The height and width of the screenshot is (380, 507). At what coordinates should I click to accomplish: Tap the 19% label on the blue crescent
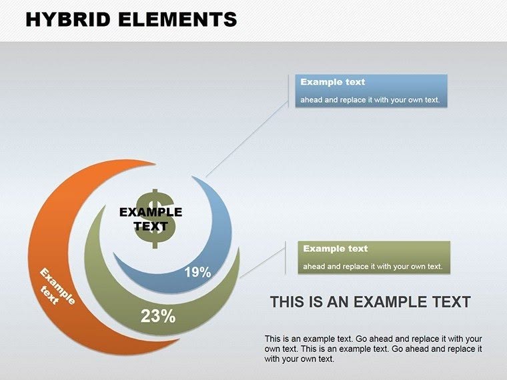(198, 272)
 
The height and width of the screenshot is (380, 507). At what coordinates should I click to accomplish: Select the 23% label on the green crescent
(158, 316)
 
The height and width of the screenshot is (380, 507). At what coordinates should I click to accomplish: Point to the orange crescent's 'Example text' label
(56, 287)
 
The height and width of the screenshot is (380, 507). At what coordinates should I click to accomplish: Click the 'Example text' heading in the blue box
(333, 82)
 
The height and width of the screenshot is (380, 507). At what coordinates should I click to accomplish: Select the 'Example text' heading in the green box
(336, 249)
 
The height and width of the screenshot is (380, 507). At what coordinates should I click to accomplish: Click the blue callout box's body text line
(370, 100)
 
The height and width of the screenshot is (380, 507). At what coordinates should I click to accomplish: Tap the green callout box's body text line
(372, 267)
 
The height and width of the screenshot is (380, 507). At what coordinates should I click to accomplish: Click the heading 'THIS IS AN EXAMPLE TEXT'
(370, 302)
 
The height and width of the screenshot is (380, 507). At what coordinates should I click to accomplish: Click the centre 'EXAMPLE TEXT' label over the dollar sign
(151, 219)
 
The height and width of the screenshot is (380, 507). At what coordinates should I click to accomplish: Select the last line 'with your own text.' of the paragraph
(299, 359)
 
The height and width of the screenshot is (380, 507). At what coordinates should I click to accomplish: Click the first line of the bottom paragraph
(373, 339)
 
